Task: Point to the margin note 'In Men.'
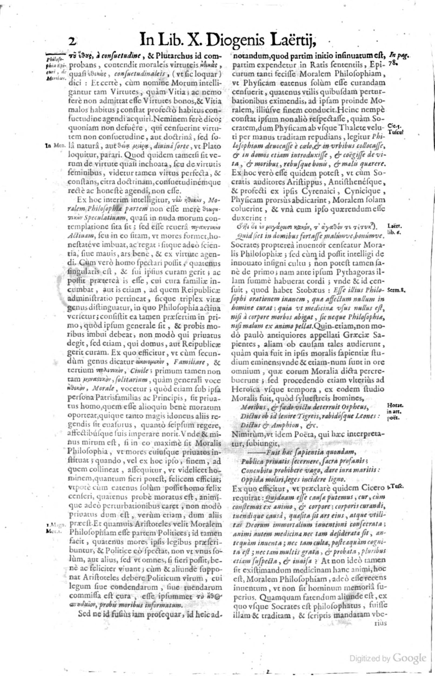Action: [x=55, y=146]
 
